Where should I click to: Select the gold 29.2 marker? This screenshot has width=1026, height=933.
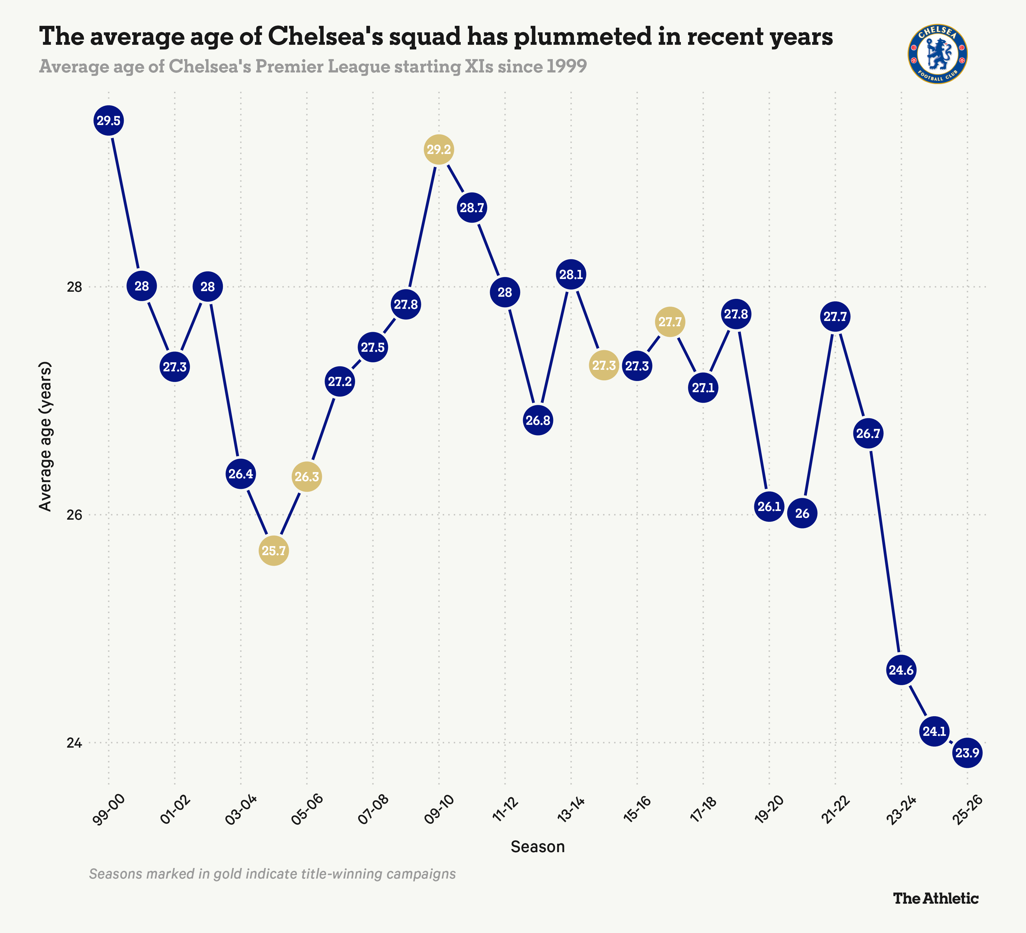(439, 150)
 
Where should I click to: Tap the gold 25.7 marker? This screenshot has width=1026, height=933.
(274, 551)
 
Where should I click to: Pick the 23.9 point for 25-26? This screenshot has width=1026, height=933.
(967, 753)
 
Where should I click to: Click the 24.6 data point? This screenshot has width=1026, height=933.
(901, 670)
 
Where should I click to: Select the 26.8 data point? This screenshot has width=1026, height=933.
(538, 420)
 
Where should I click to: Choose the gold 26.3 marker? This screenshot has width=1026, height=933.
(306, 477)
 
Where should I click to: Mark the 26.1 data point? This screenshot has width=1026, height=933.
(769, 506)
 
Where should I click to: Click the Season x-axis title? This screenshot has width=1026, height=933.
(538, 847)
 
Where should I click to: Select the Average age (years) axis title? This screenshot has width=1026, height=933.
(46, 436)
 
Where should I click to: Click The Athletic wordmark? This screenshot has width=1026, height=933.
(936, 898)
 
